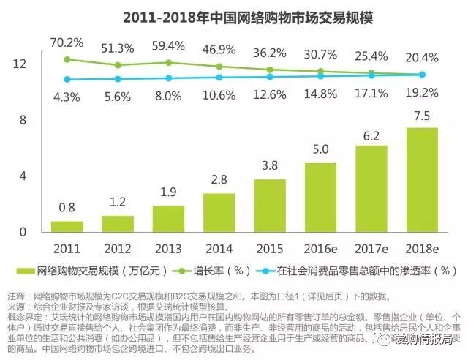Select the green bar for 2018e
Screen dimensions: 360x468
click(x=422, y=179)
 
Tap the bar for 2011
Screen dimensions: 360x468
click(x=67, y=226)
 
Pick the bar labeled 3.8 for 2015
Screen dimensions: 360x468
click(x=270, y=205)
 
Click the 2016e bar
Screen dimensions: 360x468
click(x=320, y=197)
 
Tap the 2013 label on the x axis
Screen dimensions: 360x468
click(x=168, y=247)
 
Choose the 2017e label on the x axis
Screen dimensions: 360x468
click(x=371, y=247)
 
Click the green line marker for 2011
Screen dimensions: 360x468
click(x=67, y=59)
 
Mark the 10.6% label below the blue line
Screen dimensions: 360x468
click(x=219, y=95)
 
